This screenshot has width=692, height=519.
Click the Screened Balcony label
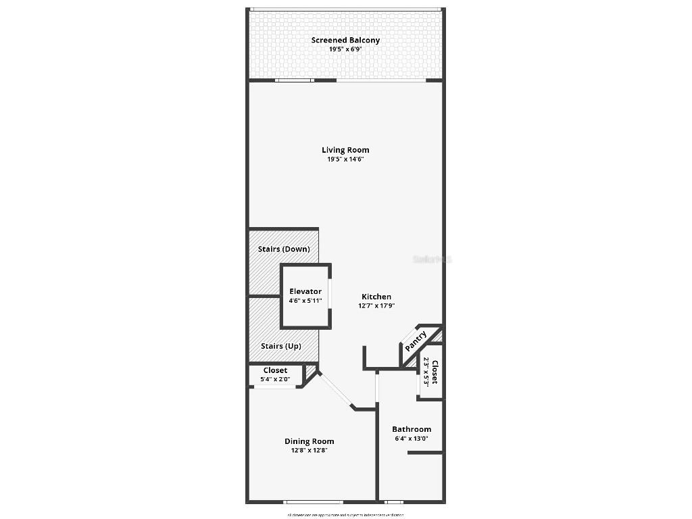point(345,40)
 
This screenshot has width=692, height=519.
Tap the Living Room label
point(345,150)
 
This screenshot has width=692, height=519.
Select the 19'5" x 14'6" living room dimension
point(345,159)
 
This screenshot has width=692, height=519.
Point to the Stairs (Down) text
point(284,249)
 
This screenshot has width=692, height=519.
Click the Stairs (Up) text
point(281,346)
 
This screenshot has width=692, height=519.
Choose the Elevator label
point(305,292)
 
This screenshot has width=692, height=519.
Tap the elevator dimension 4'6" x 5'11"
point(305,301)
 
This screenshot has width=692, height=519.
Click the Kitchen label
point(376,297)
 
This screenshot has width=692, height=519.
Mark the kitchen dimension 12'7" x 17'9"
point(376,305)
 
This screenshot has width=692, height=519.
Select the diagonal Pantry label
point(416,339)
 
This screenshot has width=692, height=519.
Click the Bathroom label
point(412,429)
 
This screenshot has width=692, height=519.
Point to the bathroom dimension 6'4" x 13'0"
point(412,439)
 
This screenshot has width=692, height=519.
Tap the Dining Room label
point(309,441)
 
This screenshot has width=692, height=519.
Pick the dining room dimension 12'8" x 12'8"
point(309,451)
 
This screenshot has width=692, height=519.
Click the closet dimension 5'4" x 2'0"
point(275,380)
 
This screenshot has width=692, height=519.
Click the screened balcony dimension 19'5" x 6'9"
point(345,49)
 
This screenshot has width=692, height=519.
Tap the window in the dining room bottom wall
point(313,502)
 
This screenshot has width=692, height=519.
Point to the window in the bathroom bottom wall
point(394,502)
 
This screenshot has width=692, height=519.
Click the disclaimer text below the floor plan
point(345,515)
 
